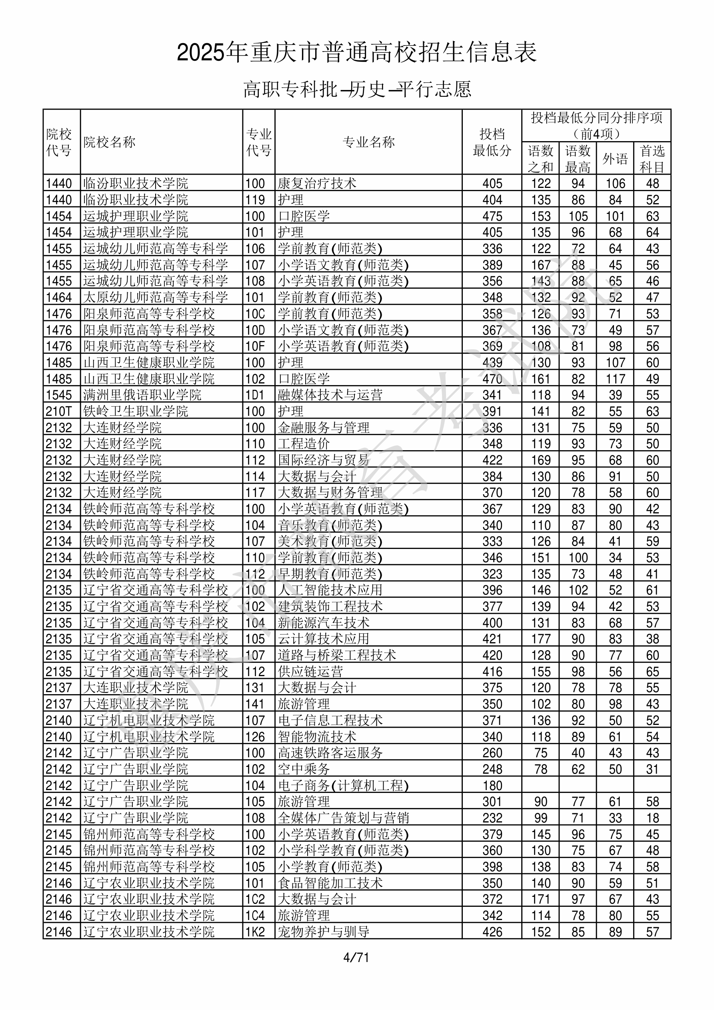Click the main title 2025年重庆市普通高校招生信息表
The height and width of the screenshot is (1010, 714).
click(x=356, y=52)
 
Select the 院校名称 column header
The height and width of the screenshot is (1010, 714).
click(x=110, y=142)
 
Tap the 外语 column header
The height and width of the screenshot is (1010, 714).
click(x=615, y=158)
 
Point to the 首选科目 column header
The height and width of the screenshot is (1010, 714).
click(x=652, y=158)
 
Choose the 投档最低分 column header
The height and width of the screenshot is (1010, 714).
click(x=492, y=142)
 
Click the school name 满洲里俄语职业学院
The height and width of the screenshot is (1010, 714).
click(x=142, y=395)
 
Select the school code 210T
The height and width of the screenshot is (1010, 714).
click(x=58, y=411)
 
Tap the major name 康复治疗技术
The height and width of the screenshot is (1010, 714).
click(x=317, y=184)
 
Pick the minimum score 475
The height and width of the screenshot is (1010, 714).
click(x=492, y=216)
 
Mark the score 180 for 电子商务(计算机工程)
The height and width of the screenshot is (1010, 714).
click(x=492, y=785)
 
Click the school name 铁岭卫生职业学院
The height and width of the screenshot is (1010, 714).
click(x=136, y=411)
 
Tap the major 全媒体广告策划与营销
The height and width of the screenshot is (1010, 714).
click(x=343, y=818)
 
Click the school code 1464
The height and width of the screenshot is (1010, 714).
click(x=58, y=297)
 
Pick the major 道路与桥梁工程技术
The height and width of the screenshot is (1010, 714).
click(x=337, y=655)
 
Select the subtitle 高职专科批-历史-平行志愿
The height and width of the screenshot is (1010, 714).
click(x=356, y=89)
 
